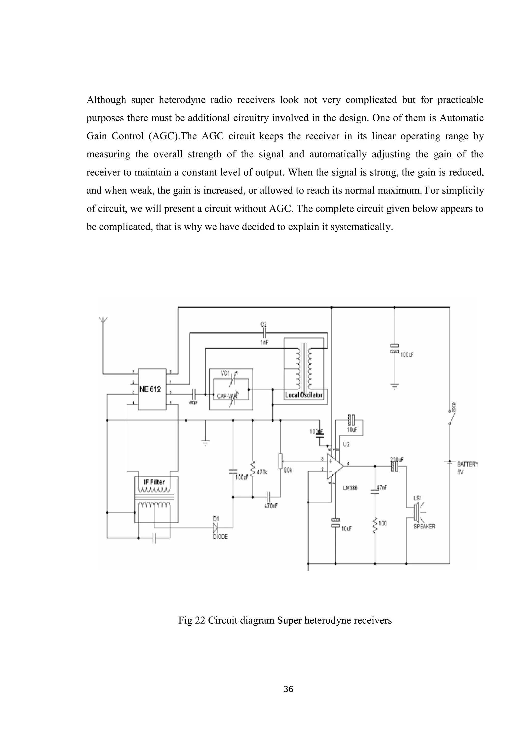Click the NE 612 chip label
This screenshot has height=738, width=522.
(x=150, y=389)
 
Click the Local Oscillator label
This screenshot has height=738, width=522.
(x=304, y=395)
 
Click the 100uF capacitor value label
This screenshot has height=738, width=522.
(x=407, y=354)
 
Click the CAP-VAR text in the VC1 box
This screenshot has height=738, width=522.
(x=227, y=396)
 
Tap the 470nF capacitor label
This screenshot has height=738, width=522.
(x=271, y=505)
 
